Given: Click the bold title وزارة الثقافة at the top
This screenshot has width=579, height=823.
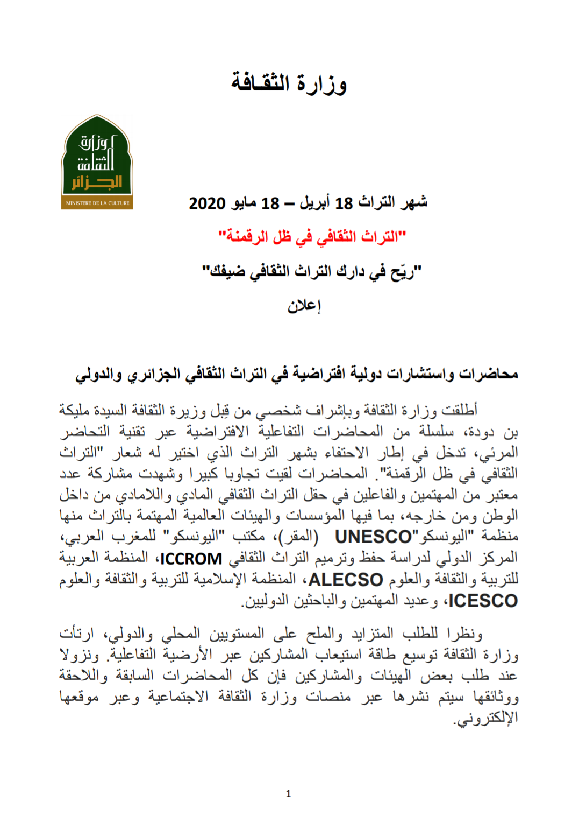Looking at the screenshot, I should [289, 83].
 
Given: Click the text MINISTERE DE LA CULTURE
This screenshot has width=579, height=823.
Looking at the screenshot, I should [97, 203].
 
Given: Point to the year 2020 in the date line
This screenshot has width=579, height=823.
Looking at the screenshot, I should [207, 203].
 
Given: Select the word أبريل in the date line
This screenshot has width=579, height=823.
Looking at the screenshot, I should [314, 203].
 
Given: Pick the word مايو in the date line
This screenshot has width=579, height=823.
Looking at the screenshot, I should [245, 203].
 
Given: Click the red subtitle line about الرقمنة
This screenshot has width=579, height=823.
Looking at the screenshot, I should [312, 236].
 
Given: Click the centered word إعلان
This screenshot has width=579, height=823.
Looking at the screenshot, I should [304, 306].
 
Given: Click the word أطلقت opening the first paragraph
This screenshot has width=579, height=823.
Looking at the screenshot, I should [459, 410].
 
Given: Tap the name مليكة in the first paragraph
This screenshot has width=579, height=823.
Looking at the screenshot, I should [75, 410].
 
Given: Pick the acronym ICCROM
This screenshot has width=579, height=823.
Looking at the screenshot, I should [191, 559].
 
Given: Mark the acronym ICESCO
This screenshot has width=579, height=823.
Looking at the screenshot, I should [483, 601].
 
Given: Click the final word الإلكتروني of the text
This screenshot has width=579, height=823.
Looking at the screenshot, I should [487, 719].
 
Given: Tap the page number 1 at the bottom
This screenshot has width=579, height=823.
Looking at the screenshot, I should [288, 793].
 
